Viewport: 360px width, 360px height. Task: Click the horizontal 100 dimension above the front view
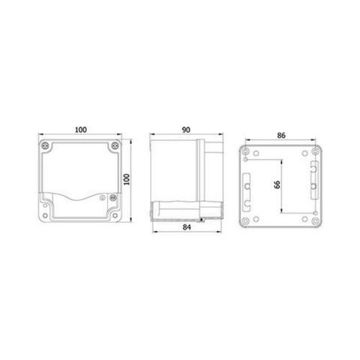point(79,130)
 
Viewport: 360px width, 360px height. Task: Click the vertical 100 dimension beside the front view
point(128,181)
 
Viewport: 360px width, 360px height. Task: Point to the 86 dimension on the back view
point(281,136)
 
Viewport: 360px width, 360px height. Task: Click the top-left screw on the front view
point(46,145)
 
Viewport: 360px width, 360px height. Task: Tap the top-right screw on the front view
point(113,145)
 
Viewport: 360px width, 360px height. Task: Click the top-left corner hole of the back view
point(247,151)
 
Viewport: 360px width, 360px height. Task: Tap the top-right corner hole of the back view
point(314,151)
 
